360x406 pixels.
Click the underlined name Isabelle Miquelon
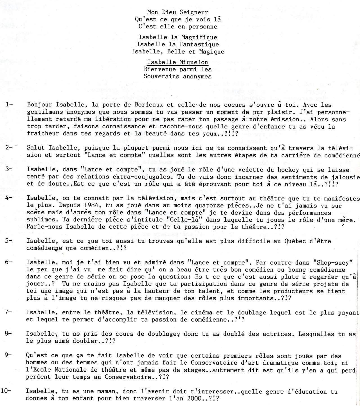click(177, 62)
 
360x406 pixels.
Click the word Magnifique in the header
click(199, 37)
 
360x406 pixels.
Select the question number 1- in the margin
click(9, 104)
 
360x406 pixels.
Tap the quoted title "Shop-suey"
click(333, 262)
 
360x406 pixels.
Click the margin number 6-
click(9, 262)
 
